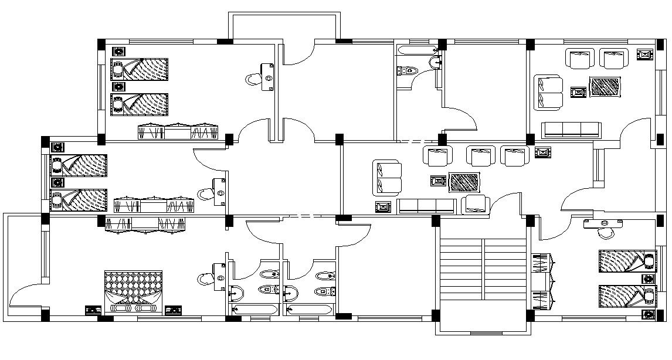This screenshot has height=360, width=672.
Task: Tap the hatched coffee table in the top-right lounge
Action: coord(605,87)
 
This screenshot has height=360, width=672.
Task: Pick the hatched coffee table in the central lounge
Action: coord(464,182)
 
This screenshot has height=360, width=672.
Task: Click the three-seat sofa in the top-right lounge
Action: coord(571,130)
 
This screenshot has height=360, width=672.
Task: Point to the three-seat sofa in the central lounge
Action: coord(426,206)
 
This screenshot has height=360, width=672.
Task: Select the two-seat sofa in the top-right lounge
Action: coord(548,92)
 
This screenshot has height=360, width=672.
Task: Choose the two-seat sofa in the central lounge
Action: coord(387,178)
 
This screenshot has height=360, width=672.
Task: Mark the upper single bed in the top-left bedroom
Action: coord(140,69)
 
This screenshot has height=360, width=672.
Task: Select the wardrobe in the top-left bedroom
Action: coord(178,132)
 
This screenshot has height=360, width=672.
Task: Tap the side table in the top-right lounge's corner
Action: coord(645,54)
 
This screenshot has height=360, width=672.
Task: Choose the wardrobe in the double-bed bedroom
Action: coord(145,225)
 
